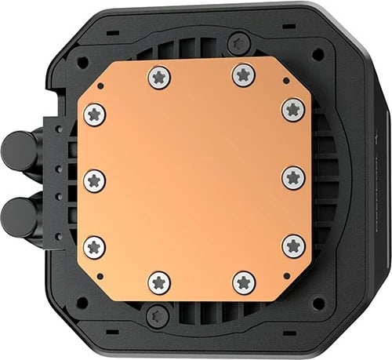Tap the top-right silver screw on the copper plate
[242, 75]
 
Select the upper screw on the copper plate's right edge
[292, 109]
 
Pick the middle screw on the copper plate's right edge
[292, 176]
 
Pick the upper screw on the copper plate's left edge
[94, 112]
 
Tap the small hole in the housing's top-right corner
[317, 56]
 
